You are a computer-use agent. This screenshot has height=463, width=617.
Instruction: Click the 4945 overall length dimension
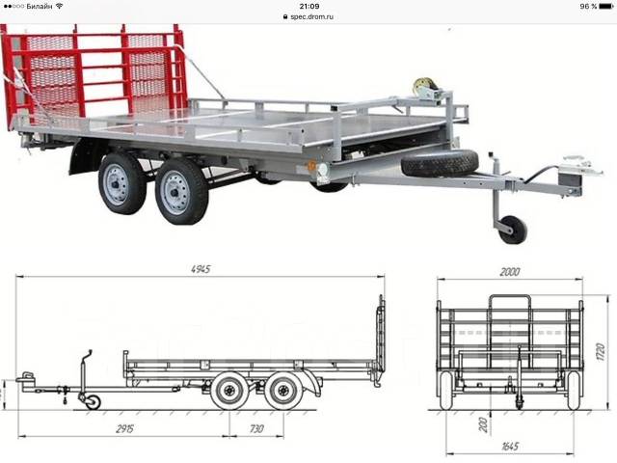pyautogui.click(x=201, y=269)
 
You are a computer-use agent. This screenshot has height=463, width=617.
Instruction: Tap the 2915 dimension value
pyautogui.click(x=124, y=428)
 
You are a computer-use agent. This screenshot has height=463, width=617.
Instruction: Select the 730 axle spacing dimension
pyautogui.click(x=256, y=428)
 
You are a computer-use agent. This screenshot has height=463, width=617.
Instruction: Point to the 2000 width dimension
pyautogui.click(x=510, y=272)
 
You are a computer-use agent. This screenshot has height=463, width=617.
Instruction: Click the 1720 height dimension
pyautogui.click(x=600, y=352)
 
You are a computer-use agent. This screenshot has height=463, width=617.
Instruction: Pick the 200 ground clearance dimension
pyautogui.click(x=484, y=424)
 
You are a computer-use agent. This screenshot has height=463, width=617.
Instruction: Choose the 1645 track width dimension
pyautogui.click(x=510, y=447)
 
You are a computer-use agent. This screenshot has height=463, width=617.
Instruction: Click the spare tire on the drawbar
pyautogui.click(x=440, y=163)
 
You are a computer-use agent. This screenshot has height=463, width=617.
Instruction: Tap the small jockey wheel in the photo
pyautogui.click(x=513, y=230)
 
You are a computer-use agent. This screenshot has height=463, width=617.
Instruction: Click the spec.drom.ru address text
pyautogui.click(x=311, y=17)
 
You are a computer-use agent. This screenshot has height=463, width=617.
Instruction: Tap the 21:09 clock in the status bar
pyautogui.click(x=308, y=7)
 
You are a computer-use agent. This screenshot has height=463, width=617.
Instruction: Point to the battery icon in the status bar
pyautogui.click(x=606, y=7)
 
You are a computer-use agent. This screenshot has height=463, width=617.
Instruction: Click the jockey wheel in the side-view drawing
pyautogui.click(x=94, y=402)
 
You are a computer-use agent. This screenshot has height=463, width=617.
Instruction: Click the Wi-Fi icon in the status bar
pyautogui.click(x=60, y=6)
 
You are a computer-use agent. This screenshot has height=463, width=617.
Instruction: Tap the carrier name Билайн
pyautogui.click(x=40, y=7)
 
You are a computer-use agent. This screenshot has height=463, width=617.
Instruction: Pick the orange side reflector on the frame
pyautogui.click(x=312, y=166)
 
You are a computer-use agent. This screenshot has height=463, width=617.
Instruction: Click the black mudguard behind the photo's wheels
pyautogui.click(x=85, y=155)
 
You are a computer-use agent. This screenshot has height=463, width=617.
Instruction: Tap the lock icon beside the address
pyautogui.click(x=285, y=17)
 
